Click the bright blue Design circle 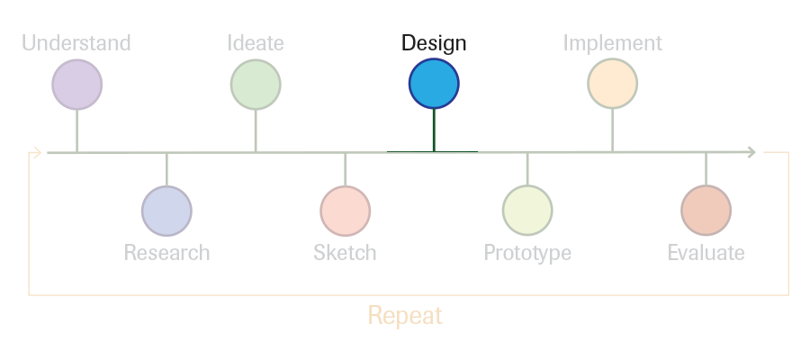(x=434, y=84)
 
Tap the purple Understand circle (x=77, y=85)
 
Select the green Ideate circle (x=256, y=85)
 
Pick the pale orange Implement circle (x=613, y=84)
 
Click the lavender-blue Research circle (x=166, y=211)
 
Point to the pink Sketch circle (x=345, y=211)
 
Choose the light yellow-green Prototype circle (x=527, y=211)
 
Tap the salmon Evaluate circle (x=706, y=211)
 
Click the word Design (x=434, y=43)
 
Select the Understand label (x=76, y=43)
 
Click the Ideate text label (x=256, y=43)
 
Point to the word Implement (x=613, y=43)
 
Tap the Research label (x=166, y=253)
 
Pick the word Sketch (x=345, y=253)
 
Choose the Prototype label (x=527, y=254)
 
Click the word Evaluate (x=706, y=253)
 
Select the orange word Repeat (x=405, y=316)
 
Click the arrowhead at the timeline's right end (x=752, y=152)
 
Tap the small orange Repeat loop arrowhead (x=37, y=152)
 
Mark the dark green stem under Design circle (x=434, y=130)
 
